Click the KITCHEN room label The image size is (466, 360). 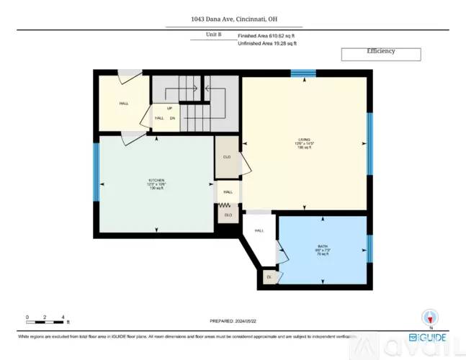(x=156, y=180)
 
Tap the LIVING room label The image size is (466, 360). (x=305, y=140)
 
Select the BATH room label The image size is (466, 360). (x=323, y=247)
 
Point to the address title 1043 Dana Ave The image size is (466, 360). (x=233, y=19)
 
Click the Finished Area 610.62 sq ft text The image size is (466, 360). (x=267, y=35)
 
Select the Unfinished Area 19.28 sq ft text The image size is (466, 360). (x=267, y=43)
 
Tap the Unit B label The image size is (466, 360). (x=213, y=35)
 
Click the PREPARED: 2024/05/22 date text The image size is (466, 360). (x=233, y=322)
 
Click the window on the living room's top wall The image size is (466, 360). (x=303, y=73)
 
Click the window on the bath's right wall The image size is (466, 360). (x=369, y=248)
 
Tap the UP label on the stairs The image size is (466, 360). (x=170, y=109)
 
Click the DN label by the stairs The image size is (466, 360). (x=173, y=118)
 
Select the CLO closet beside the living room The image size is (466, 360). (x=227, y=156)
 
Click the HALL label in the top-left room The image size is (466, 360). (x=124, y=104)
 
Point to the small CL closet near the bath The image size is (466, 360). (x=269, y=277)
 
